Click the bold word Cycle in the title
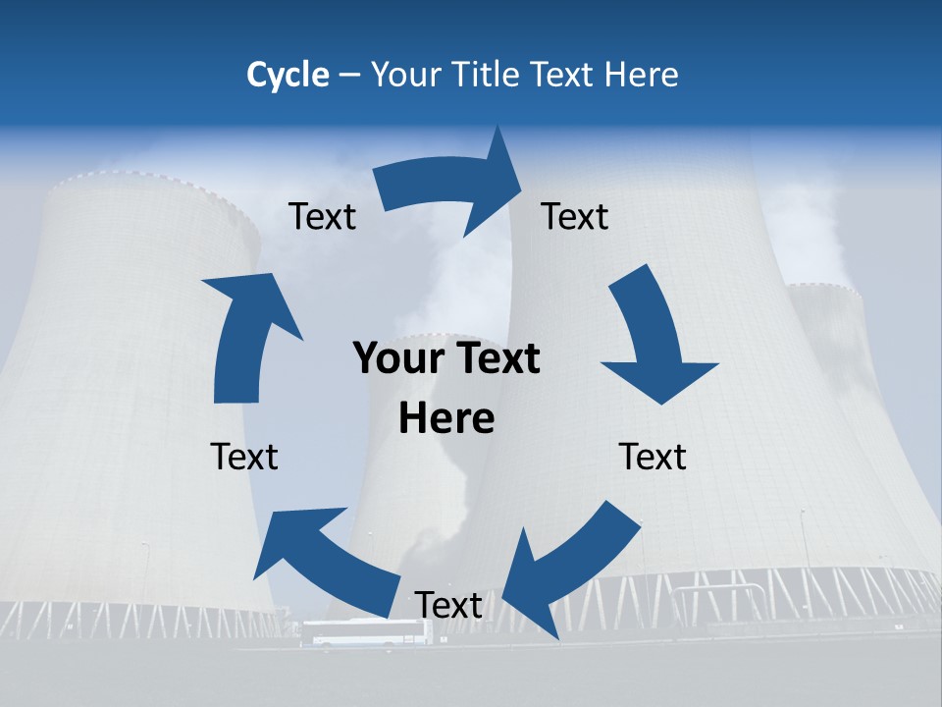[288, 75]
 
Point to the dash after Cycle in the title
[349, 76]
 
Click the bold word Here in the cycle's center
[446, 418]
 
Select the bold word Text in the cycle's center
[495, 358]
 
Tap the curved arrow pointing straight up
[245, 334]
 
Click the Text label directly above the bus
[448, 605]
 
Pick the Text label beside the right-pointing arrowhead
[575, 216]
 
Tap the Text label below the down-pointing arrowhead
[653, 457]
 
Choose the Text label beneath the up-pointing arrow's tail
[244, 457]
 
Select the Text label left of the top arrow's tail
[323, 216]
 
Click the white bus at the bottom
[365, 633]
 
